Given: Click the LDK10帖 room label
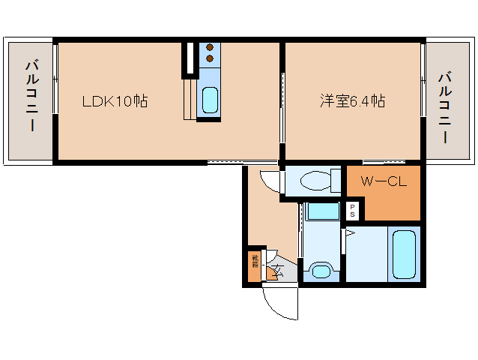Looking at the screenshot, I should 114,100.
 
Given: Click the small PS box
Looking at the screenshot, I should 352,211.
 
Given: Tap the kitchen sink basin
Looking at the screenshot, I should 209,98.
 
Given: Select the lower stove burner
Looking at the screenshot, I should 210,58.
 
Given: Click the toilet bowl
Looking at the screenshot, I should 321,181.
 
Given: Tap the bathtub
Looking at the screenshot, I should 404,255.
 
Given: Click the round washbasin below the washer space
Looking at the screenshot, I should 321,269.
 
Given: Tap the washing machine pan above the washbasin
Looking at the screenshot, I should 322,211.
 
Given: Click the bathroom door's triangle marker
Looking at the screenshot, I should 348,233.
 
